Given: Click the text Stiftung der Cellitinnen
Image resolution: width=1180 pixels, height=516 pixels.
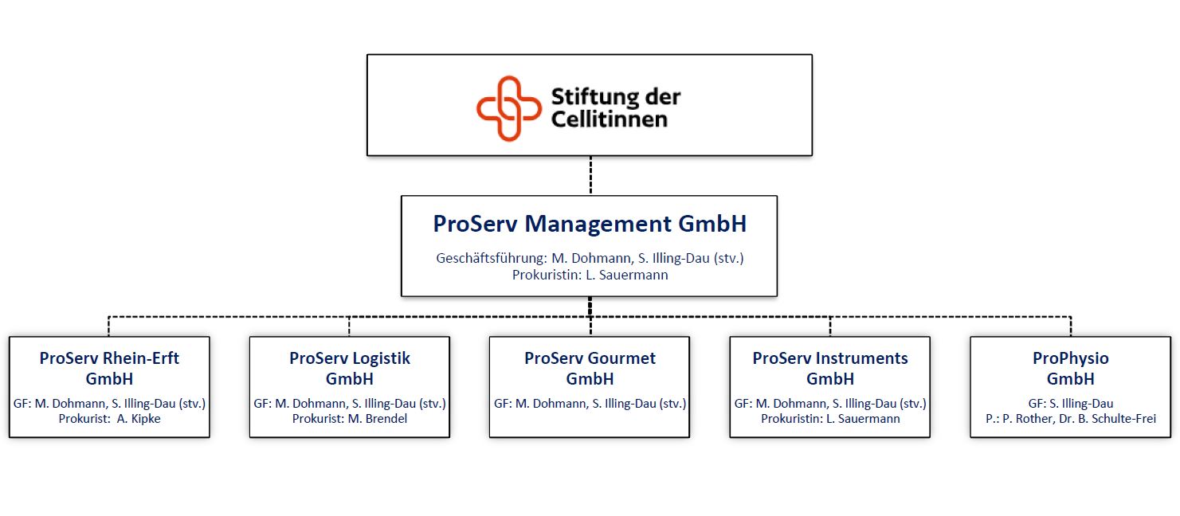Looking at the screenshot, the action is point(616,108).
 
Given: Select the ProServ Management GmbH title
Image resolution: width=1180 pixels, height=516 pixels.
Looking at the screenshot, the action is point(590,224).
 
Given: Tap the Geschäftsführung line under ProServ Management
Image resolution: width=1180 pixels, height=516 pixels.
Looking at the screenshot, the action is point(590,258).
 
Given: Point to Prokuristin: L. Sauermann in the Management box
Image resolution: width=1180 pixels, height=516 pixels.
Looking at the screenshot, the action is point(590,275).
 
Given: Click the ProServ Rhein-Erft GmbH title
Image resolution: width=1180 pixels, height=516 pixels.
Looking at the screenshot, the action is point(109,369).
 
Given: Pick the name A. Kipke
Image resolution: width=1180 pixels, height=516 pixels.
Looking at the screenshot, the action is point(139,419).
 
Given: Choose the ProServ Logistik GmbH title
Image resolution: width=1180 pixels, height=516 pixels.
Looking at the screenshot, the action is point(349,369).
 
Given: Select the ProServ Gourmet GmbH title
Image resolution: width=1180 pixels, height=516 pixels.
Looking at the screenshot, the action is point(590,369).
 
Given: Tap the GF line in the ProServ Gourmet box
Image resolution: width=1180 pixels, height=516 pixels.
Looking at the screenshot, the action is point(590,404).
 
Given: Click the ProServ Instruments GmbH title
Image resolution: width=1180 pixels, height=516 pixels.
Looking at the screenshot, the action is point(830,369).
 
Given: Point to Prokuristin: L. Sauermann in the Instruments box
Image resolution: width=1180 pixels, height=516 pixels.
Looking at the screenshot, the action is point(830,419).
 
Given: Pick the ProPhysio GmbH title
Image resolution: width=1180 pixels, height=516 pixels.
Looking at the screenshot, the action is point(1070,369).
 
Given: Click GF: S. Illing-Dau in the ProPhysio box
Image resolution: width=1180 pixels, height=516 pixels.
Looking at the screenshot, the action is point(1070,404).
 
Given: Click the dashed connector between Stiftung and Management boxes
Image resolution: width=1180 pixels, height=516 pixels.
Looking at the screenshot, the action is point(590,175).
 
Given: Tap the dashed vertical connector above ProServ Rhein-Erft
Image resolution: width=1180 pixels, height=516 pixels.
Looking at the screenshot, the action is point(108,326).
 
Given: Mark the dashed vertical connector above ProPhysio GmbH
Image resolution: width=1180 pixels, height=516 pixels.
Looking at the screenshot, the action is point(1071,326).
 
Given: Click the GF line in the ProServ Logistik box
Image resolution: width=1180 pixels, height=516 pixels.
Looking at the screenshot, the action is point(350,404).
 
